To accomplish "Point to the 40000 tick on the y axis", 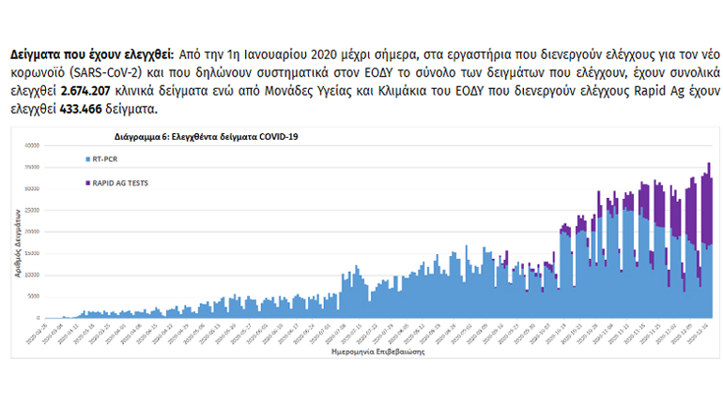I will coord(31,144).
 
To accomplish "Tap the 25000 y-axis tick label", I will coord(31,210).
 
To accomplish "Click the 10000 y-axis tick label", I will coord(31,275).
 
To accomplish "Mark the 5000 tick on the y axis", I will coord(33,296).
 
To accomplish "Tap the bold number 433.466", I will coord(85,109).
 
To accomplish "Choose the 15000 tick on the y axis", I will coord(31,253).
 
